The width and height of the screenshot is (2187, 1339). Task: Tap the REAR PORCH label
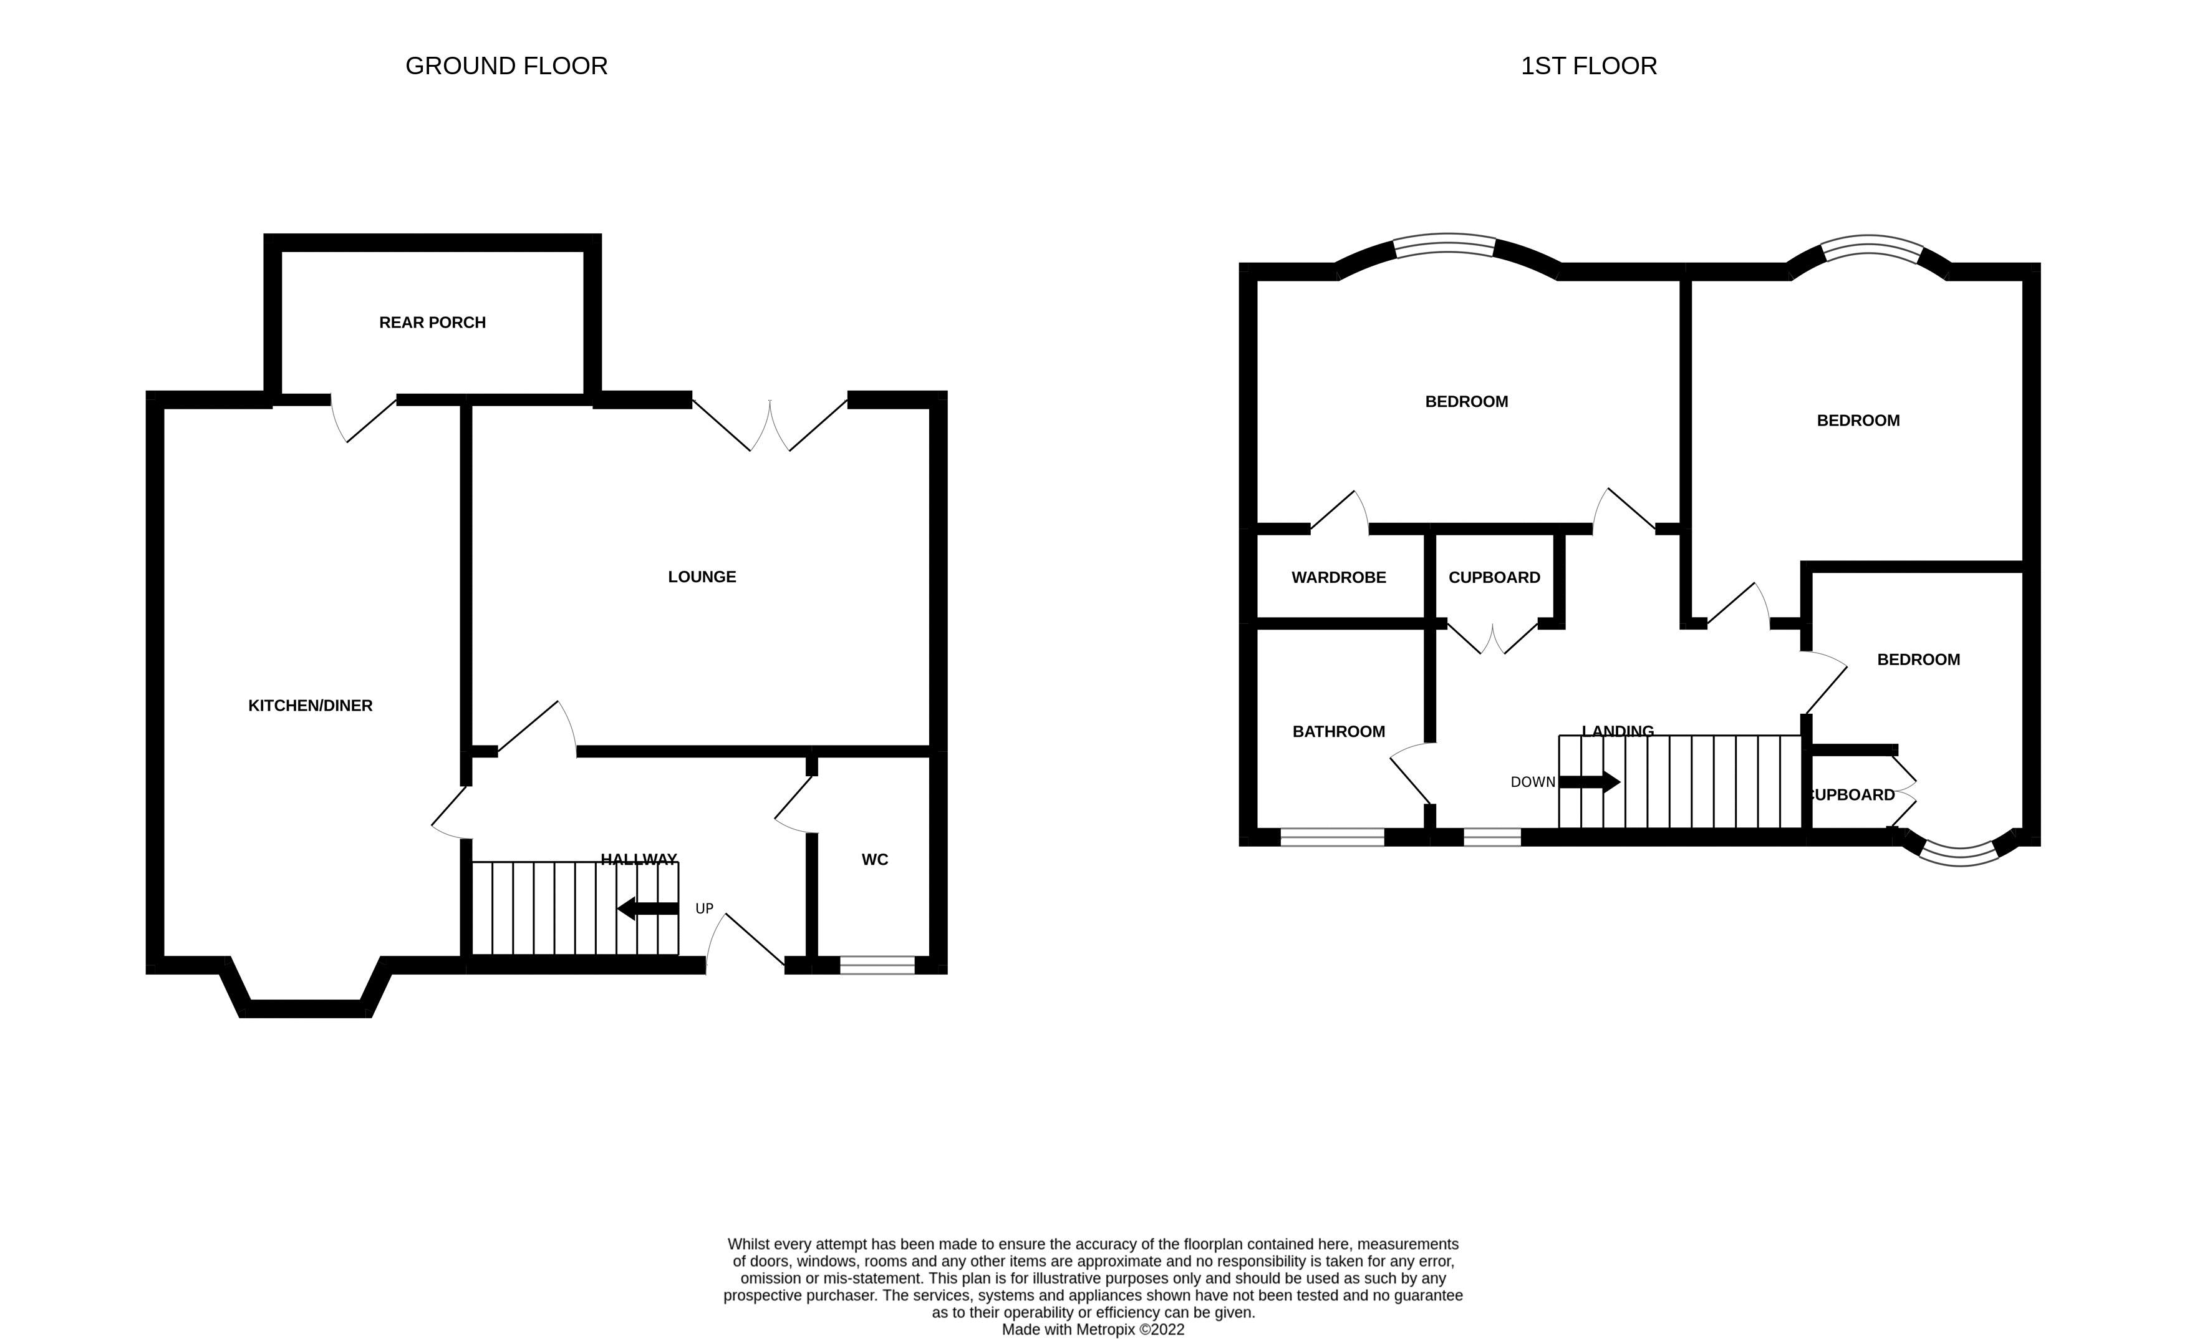(x=432, y=323)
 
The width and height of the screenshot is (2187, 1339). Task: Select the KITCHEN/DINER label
(x=310, y=706)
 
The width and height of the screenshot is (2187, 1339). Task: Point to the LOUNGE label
(x=701, y=577)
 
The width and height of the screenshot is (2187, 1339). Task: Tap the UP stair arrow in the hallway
(x=648, y=908)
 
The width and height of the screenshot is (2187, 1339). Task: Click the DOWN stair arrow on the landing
(x=1589, y=782)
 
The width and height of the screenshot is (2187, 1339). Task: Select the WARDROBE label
(x=1338, y=578)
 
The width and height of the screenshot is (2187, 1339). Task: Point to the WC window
(x=877, y=965)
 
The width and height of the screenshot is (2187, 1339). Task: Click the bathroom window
(x=1331, y=837)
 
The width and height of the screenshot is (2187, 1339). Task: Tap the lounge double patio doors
(x=770, y=424)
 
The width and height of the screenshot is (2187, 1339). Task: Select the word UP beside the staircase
(x=704, y=908)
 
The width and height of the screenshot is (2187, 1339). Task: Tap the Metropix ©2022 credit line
(x=1093, y=1329)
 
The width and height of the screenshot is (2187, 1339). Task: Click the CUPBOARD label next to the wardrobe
(x=1494, y=578)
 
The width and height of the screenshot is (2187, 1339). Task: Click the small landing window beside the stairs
(x=1491, y=837)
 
